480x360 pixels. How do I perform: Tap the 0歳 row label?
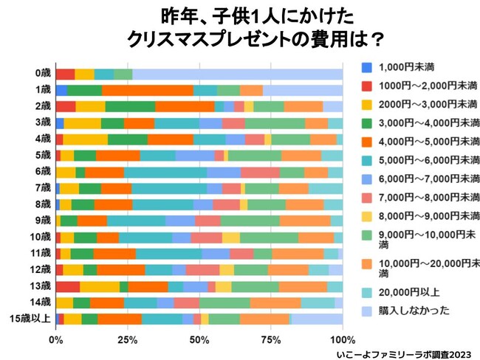42,74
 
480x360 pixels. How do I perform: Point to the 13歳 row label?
40,286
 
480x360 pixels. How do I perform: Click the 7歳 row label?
42,188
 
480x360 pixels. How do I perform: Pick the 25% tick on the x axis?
127,340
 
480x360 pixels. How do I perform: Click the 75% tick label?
271,340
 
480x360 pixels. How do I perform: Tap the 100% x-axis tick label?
342,340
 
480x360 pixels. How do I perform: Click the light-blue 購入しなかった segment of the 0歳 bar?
237,74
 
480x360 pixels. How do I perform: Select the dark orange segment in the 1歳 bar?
148,90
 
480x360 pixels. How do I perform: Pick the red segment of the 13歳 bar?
68,286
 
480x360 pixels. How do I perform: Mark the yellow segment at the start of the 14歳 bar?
64,302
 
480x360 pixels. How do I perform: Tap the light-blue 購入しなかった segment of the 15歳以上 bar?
318,319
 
